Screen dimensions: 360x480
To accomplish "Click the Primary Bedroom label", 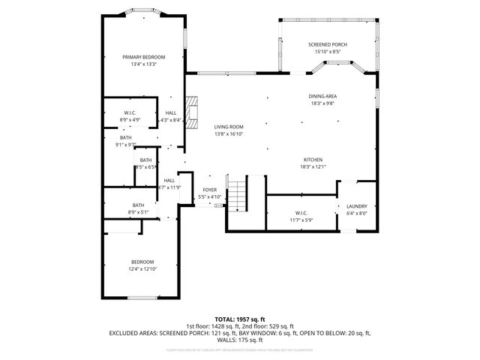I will [144, 57].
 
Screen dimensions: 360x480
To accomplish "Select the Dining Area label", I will [322, 96].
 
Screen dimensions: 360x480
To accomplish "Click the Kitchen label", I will [313, 160].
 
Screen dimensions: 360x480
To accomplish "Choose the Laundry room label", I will [356, 205].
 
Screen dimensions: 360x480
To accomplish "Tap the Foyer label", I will [210, 190].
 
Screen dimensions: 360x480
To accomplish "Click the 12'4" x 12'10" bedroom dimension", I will [143, 268].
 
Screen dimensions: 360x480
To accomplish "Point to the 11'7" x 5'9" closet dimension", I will [301, 220].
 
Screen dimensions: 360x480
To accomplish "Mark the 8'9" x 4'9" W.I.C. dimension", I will [130, 119].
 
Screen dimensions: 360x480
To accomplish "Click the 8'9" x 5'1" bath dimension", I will [139, 212].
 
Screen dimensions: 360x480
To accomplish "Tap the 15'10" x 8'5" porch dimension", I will [328, 52].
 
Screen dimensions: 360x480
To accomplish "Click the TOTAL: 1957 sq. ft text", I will [239, 319].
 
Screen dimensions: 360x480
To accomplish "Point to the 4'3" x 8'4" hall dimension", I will [171, 119].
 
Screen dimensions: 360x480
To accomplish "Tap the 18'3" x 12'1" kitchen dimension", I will [313, 166].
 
